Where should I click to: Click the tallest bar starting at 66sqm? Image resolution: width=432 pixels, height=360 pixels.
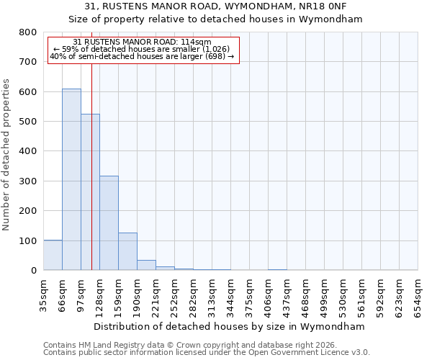point(71,179)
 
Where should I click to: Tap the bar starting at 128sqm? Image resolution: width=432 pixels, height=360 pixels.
point(109,222)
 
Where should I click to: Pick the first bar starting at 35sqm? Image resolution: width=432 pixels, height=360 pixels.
point(53,255)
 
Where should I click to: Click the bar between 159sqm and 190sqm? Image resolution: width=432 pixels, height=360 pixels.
point(127,251)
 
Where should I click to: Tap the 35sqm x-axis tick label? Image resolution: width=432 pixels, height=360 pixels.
point(43,293)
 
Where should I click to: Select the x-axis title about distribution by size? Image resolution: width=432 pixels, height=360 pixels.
point(230,326)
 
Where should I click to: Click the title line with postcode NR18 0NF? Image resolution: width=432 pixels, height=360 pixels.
point(216,7)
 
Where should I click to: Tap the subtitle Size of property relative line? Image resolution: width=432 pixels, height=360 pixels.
point(216,19)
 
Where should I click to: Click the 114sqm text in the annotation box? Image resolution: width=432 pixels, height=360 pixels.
point(197,42)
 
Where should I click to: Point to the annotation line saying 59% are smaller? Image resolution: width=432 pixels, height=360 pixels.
point(142,49)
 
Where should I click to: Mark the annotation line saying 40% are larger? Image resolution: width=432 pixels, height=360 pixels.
point(142,56)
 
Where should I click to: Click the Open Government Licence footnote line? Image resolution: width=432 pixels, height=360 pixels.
point(207,353)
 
